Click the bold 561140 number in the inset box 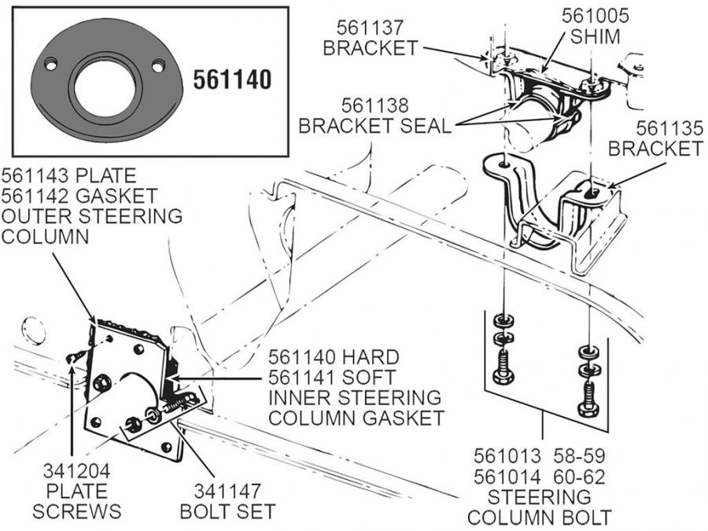pyautogui.click(x=233, y=79)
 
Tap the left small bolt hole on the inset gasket pyautogui.click(x=51, y=65)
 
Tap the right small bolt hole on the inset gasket pyautogui.click(x=158, y=66)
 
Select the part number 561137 pyautogui.click(x=370, y=28)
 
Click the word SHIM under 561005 pyautogui.click(x=596, y=36)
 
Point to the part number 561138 pyautogui.click(x=374, y=105)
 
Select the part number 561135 pyautogui.click(x=669, y=129)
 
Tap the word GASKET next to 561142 pyautogui.click(x=116, y=196)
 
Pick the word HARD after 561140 pyautogui.click(x=370, y=357)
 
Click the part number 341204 pyautogui.click(x=76, y=471)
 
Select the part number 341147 pyautogui.click(x=227, y=491)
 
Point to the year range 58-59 pyautogui.click(x=579, y=455)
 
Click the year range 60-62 pyautogui.click(x=579, y=477)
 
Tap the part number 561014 pyautogui.click(x=507, y=477)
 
